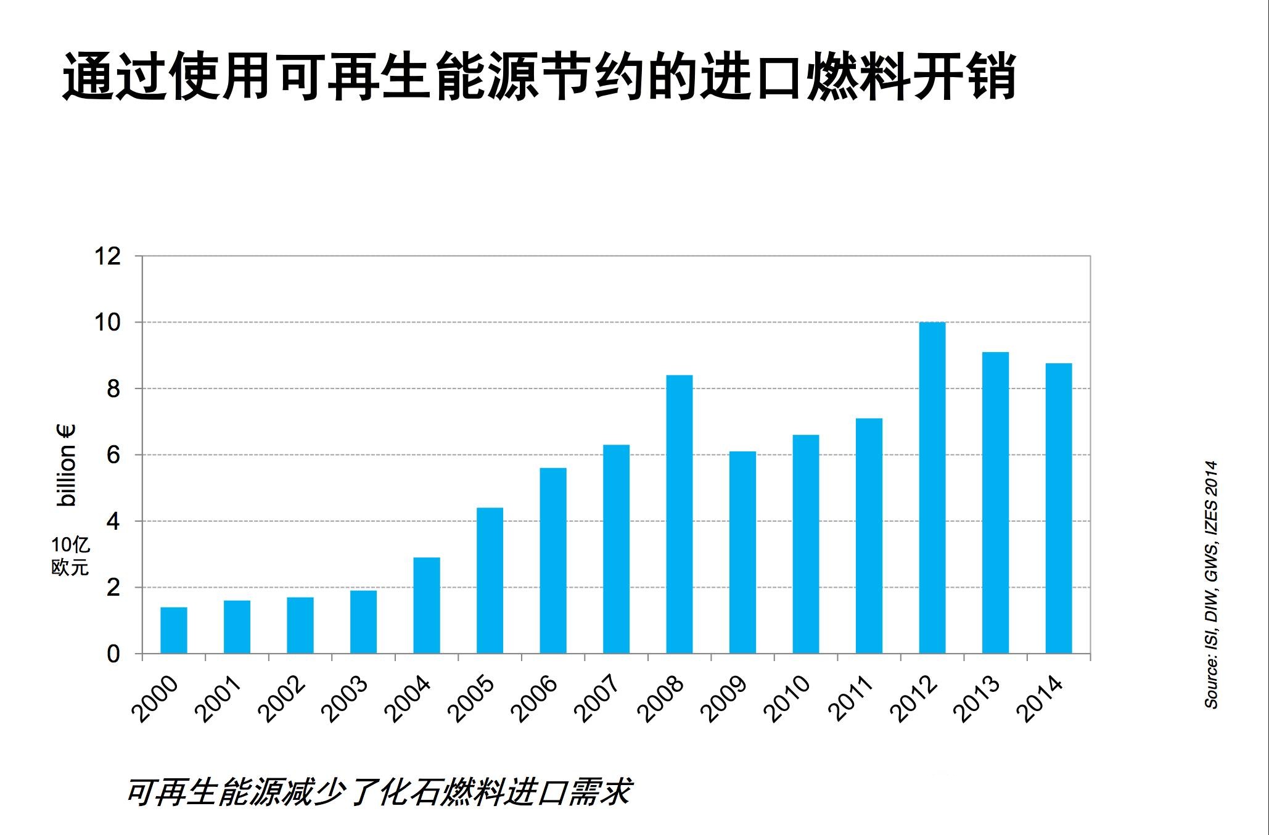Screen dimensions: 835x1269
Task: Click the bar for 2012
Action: click(x=932, y=488)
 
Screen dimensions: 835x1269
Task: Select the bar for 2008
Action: click(x=679, y=514)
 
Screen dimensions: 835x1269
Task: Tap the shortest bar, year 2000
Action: click(x=173, y=630)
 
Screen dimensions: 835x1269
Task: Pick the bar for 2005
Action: click(x=490, y=580)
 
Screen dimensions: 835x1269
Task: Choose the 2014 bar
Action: click(x=1059, y=508)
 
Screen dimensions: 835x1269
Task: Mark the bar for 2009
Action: click(x=742, y=553)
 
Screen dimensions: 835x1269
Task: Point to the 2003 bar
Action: click(x=363, y=622)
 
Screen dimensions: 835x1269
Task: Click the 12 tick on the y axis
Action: click(x=107, y=257)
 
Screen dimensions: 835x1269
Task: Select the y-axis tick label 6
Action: click(x=113, y=456)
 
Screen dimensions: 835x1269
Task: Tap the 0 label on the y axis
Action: click(x=113, y=654)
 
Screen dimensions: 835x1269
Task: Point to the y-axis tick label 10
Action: click(x=107, y=323)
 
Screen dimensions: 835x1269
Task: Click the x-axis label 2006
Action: click(x=536, y=699)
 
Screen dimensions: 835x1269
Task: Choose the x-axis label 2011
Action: click(x=852, y=699)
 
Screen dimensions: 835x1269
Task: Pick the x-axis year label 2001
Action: click(x=220, y=699)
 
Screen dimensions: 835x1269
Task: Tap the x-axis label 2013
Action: click(x=978, y=699)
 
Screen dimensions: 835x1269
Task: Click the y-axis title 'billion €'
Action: click(x=66, y=466)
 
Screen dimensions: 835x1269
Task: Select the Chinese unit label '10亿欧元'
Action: click(x=70, y=556)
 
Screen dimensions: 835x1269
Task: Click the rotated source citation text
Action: click(x=1211, y=585)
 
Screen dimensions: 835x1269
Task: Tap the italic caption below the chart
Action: click(x=379, y=792)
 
